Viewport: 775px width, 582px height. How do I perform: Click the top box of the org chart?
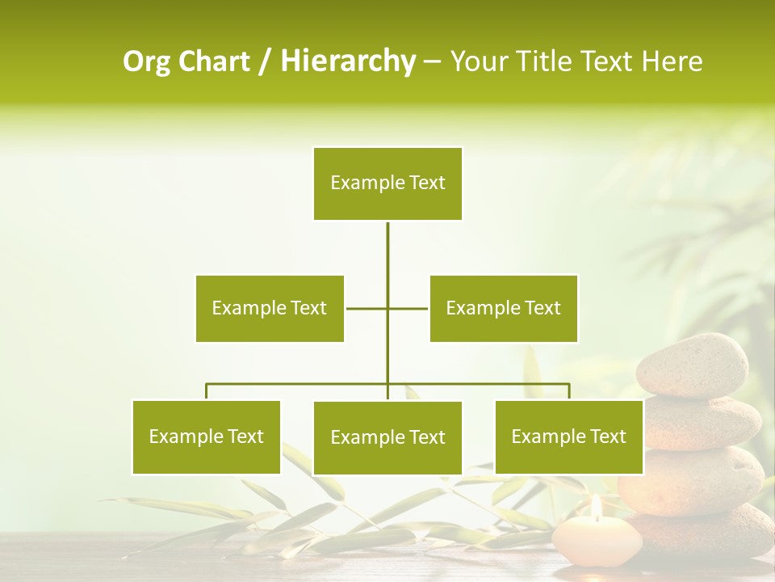(387, 183)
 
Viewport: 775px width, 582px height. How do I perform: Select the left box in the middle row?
(270, 308)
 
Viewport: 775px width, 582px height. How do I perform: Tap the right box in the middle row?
(503, 308)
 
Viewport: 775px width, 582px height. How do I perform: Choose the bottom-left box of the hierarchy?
(206, 436)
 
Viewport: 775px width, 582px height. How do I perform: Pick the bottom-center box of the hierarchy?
(387, 437)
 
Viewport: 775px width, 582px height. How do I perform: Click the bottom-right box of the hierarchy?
(568, 436)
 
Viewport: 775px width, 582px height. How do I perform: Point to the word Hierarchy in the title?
(348, 61)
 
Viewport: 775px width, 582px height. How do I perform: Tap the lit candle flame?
(596, 506)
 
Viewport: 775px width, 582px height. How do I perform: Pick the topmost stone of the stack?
(692, 365)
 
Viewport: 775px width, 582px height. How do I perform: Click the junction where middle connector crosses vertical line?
(387, 308)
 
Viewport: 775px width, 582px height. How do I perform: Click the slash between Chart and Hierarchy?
(265, 62)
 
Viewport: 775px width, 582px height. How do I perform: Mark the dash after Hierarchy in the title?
(432, 62)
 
